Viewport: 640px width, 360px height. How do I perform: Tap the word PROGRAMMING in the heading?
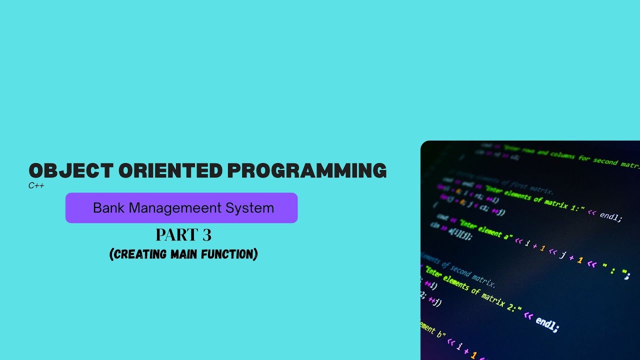tap(306, 171)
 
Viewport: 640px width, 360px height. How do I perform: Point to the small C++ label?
tap(36, 185)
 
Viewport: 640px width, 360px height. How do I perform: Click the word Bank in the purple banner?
tap(108, 208)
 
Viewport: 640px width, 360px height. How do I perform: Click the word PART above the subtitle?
tap(174, 235)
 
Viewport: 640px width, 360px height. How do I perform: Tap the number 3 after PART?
tap(206, 235)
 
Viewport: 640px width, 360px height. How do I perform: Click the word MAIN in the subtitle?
tap(184, 254)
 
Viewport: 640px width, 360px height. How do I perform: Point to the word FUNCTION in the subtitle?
tap(228, 254)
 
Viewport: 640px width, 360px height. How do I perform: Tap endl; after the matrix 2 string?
tap(547, 323)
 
